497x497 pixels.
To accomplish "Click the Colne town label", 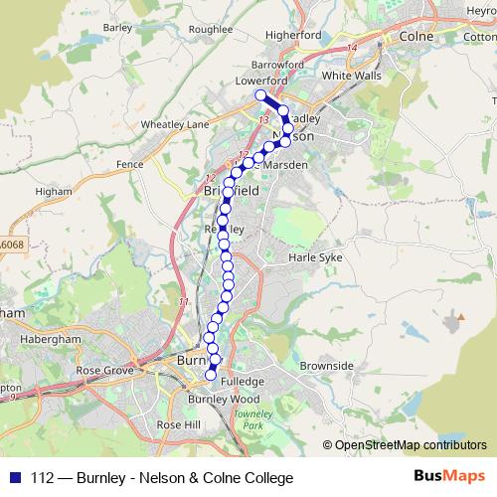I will [413, 37].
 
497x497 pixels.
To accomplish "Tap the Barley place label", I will [117, 28].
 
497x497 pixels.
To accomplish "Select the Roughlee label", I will [209, 31].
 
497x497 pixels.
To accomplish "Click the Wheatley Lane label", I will [175, 124].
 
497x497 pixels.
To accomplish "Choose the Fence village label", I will [130, 162].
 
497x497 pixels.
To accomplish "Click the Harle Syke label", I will [314, 257].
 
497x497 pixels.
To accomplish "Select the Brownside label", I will [326, 366].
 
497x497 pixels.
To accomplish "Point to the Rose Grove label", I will [104, 372].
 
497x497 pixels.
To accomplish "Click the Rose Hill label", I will [178, 424].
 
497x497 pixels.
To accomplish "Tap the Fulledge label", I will [244, 381].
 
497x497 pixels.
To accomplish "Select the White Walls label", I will [351, 75].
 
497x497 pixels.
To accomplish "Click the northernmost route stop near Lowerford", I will [261, 95].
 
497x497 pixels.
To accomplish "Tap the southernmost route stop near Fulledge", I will [211, 375].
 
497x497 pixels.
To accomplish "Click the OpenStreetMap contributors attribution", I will [410, 444].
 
